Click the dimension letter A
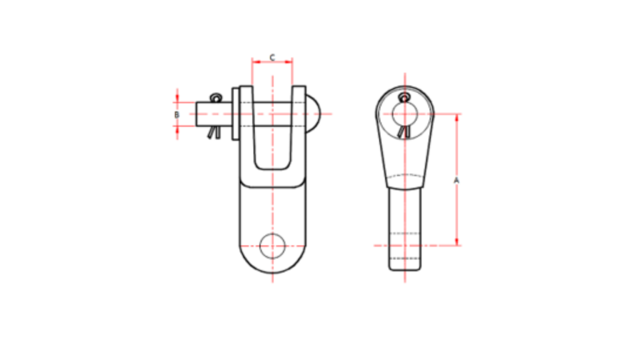point(456,180)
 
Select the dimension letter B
point(177,115)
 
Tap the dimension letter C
point(272,57)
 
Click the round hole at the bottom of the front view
point(272,245)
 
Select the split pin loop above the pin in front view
point(216,97)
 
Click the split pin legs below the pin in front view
point(214,132)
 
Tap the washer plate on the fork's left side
point(236,114)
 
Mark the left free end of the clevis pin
point(199,114)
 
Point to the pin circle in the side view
point(404,114)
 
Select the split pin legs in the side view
point(404,132)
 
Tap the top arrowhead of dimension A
point(457,117)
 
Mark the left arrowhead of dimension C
point(255,61)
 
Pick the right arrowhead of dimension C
point(289,61)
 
